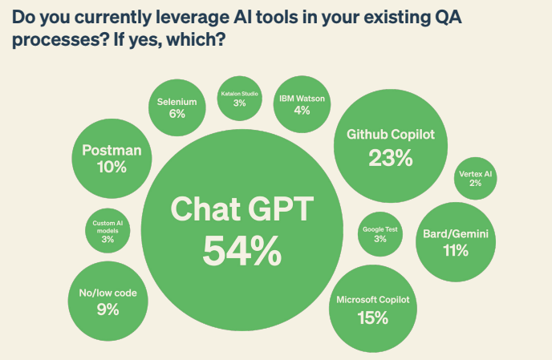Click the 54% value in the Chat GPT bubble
click(x=241, y=250)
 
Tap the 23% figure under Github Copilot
click(x=391, y=158)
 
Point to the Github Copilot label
click(x=391, y=135)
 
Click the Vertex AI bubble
click(x=476, y=178)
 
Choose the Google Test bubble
click(x=379, y=233)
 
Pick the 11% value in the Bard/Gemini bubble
click(x=455, y=251)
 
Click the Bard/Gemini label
click(x=455, y=234)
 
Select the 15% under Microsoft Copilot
click(x=373, y=318)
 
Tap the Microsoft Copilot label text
click(x=373, y=300)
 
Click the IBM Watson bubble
click(x=302, y=104)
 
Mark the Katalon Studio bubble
click(x=239, y=99)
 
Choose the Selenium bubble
click(x=177, y=107)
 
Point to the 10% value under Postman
click(x=112, y=167)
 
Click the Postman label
click(x=112, y=150)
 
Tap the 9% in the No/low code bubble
click(x=108, y=309)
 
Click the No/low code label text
click(x=108, y=293)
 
